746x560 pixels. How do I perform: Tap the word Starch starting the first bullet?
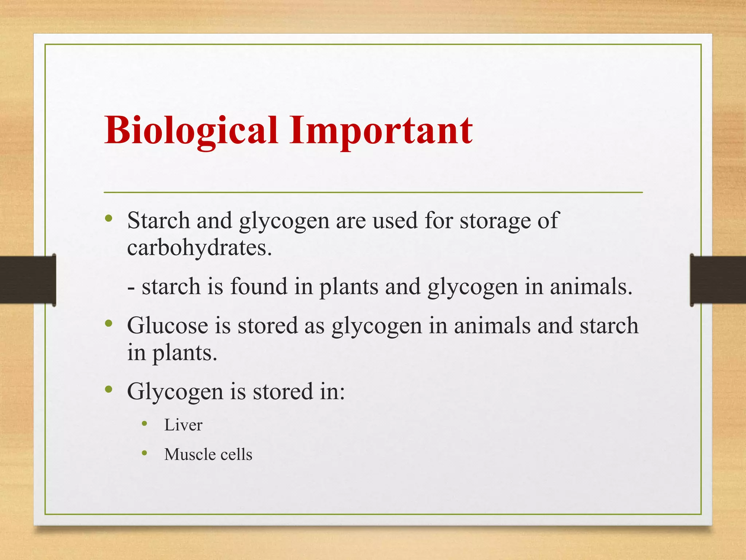click(x=158, y=221)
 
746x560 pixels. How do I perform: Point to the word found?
click(x=259, y=287)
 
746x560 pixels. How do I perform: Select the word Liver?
click(x=183, y=425)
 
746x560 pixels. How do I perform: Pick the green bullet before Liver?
click(x=145, y=424)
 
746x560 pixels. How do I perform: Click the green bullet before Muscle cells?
click(x=145, y=453)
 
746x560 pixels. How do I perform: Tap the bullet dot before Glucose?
click(x=108, y=323)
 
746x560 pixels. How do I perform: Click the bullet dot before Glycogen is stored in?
click(x=108, y=389)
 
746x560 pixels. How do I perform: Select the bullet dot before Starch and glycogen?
click(x=108, y=219)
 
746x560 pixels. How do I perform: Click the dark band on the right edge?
click(x=718, y=280)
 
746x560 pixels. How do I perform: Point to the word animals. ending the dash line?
click(x=591, y=287)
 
